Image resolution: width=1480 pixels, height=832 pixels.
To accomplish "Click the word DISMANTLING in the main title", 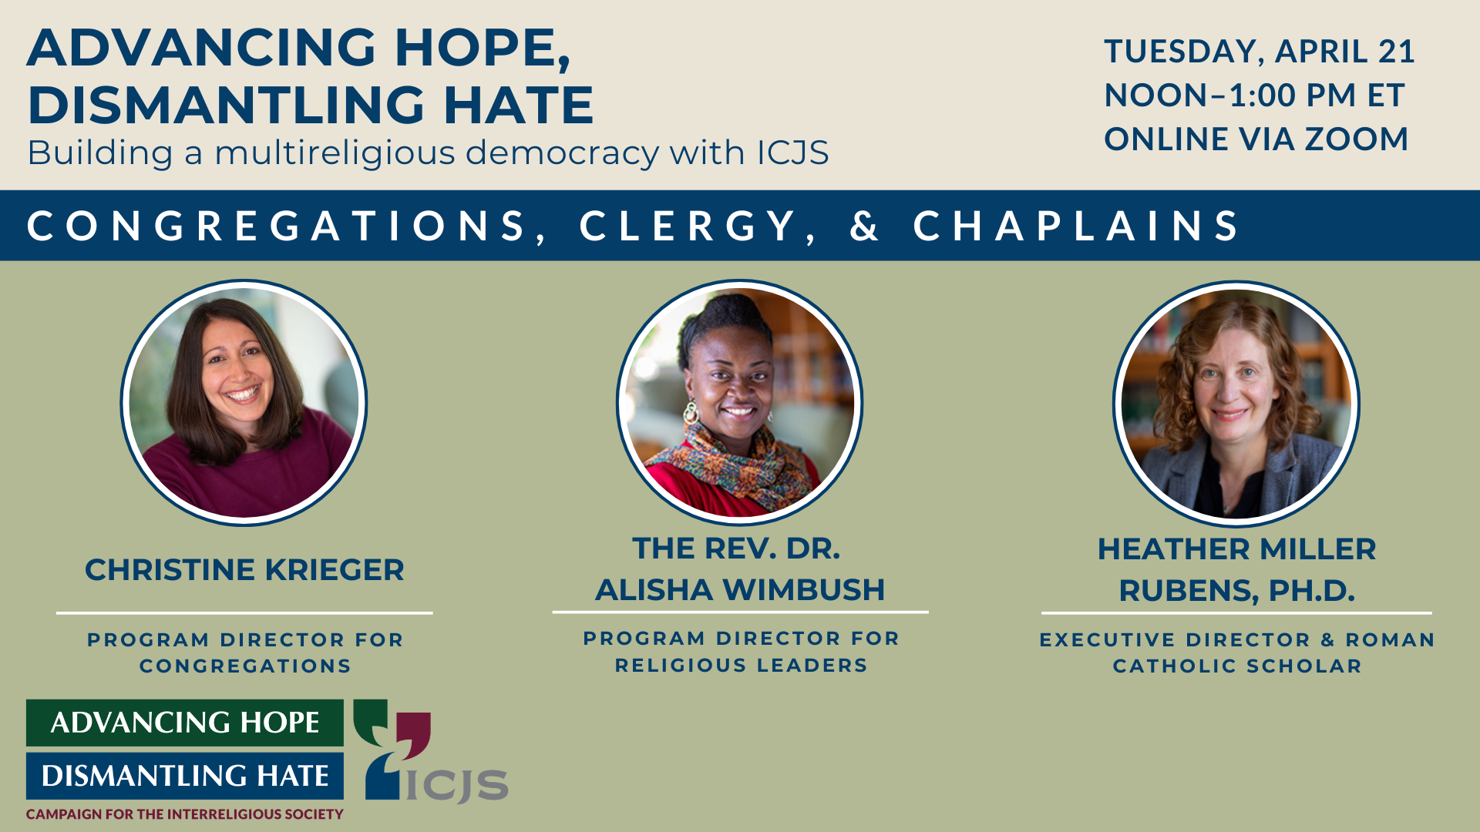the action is pyautogui.click(x=225, y=105).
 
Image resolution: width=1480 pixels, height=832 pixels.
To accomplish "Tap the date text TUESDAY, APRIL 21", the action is pyautogui.click(x=1260, y=52).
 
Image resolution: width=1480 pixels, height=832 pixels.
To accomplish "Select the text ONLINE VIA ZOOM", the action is pyautogui.click(x=1256, y=139).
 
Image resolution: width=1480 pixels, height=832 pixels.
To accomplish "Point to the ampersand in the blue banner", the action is pyautogui.click(x=864, y=226).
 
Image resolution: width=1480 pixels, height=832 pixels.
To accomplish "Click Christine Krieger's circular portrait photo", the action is pyautogui.click(x=244, y=403).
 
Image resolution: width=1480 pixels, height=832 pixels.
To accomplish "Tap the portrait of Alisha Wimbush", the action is pyautogui.click(x=740, y=403).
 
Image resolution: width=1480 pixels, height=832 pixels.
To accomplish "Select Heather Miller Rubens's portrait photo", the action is pyautogui.click(x=1236, y=404).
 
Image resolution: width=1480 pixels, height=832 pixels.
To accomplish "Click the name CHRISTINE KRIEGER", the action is pyautogui.click(x=244, y=570).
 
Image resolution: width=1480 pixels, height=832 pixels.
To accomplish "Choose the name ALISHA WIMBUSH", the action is pyautogui.click(x=740, y=590).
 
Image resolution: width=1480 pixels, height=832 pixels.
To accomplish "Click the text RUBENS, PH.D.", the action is pyautogui.click(x=1236, y=591).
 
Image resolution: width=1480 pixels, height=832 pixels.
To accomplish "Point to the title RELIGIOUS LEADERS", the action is pyautogui.click(x=741, y=666).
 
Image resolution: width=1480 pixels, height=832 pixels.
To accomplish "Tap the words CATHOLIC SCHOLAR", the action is pyautogui.click(x=1237, y=666).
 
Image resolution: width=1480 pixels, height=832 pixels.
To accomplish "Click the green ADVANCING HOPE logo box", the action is pyautogui.click(x=185, y=723).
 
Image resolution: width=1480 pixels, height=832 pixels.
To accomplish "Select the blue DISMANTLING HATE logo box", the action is pyautogui.click(x=185, y=776).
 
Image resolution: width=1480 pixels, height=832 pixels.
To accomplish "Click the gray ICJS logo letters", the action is pyautogui.click(x=457, y=785).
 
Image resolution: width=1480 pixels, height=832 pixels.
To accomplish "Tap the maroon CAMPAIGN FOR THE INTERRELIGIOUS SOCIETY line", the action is pyautogui.click(x=185, y=814).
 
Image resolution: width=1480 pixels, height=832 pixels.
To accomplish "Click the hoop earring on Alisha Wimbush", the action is pyautogui.click(x=691, y=413).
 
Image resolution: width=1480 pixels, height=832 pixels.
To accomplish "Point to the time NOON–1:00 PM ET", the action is pyautogui.click(x=1254, y=96).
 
